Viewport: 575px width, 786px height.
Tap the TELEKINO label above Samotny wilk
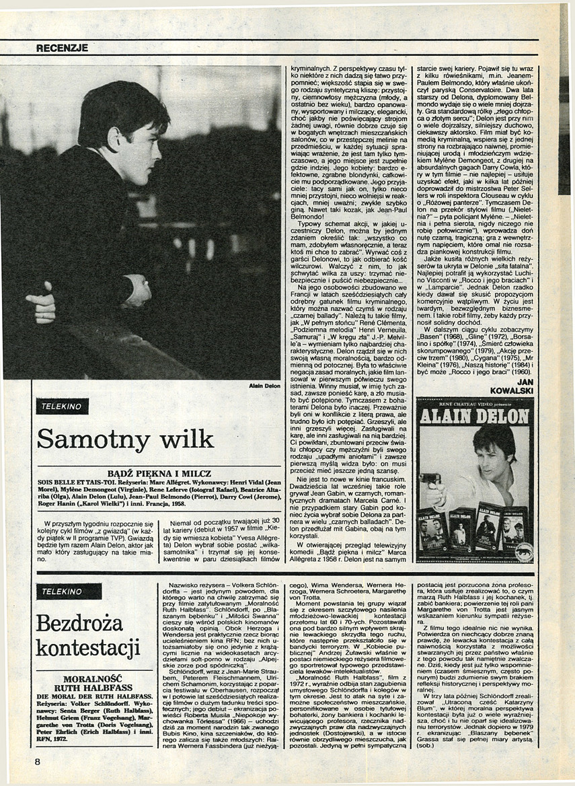pyautogui.click(x=63, y=406)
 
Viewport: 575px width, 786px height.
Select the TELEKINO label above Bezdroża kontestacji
pyautogui.click(x=69, y=592)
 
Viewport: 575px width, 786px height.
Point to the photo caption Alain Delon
pyautogui.click(x=264, y=386)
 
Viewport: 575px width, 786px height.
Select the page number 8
pyautogui.click(x=38, y=761)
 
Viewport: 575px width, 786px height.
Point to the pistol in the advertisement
pyautogui.click(x=431, y=480)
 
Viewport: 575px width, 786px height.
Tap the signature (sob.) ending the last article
pyautogui.click(x=425, y=746)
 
